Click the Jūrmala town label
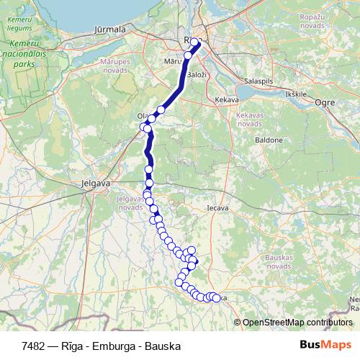(110, 30)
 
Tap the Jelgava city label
(96, 184)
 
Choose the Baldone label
(269, 139)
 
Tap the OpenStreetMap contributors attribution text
(298, 322)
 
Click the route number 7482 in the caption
(34, 346)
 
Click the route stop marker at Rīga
(195, 42)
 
